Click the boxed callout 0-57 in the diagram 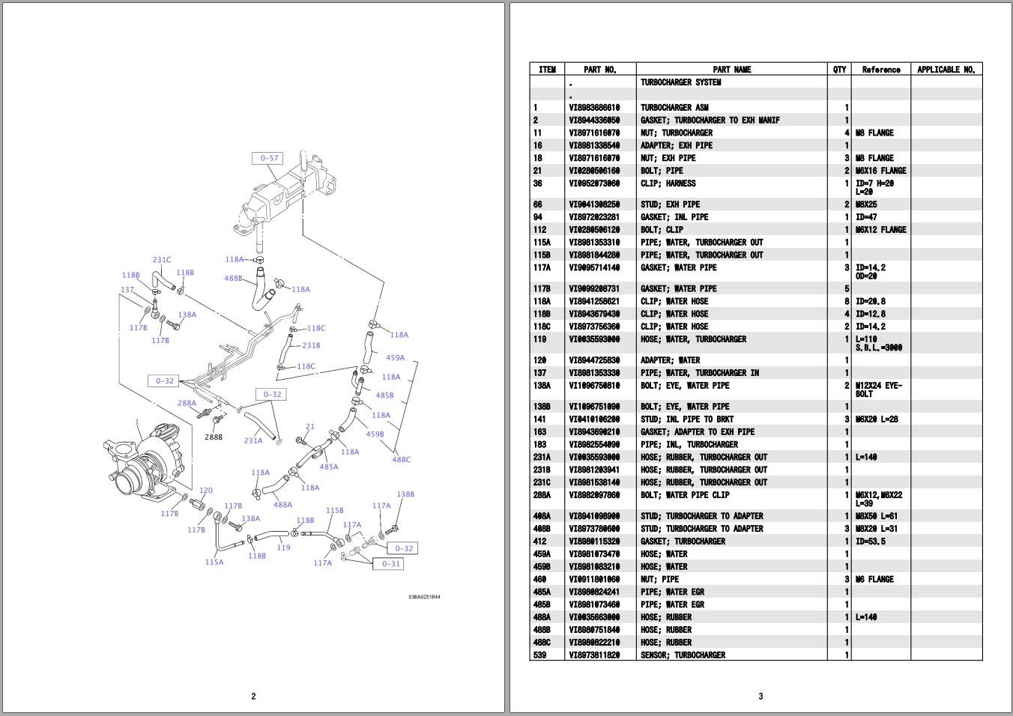[x=269, y=158]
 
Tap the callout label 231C [x=162, y=260]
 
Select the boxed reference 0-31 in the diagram [x=391, y=564]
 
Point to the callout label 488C [x=402, y=459]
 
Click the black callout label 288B [x=214, y=437]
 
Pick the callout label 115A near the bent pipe [x=214, y=562]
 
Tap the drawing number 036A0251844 [x=424, y=597]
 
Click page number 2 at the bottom [x=253, y=696]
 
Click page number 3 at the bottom [x=760, y=696]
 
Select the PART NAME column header [x=731, y=70]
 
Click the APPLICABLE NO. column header [x=946, y=70]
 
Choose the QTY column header [x=839, y=70]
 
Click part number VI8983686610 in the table [x=594, y=108]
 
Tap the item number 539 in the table [x=539, y=655]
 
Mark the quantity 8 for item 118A [x=847, y=302]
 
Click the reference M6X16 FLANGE [x=880, y=171]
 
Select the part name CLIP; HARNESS [x=668, y=183]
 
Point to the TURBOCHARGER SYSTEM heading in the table [x=680, y=82]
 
